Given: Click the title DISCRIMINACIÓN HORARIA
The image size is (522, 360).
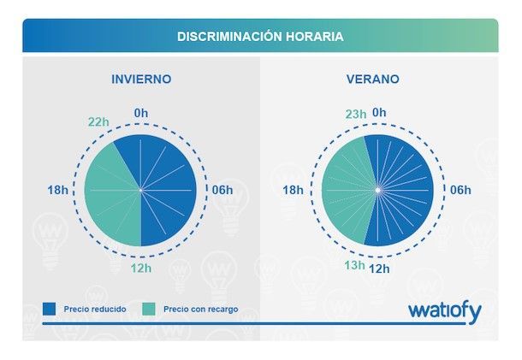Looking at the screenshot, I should pyautogui.click(x=260, y=37).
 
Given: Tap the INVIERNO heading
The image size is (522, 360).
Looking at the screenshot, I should pyautogui.click(x=141, y=79).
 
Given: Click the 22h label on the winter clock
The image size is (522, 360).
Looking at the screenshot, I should pyautogui.click(x=99, y=121).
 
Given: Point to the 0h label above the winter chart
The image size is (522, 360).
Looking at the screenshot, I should pyautogui.click(x=141, y=112).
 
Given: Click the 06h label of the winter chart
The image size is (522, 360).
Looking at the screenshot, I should pyautogui.click(x=222, y=190).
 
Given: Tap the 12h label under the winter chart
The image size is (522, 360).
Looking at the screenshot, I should pyautogui.click(x=141, y=269).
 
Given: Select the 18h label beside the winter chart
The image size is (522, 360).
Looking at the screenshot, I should pyautogui.click(x=58, y=190).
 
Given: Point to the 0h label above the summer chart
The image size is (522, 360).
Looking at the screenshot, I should pyautogui.click(x=380, y=112).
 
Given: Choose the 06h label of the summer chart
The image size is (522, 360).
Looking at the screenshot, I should pyautogui.click(x=460, y=190).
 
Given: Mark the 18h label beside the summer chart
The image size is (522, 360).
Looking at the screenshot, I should pyautogui.click(x=294, y=190).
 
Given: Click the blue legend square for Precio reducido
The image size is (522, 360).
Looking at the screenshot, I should pyautogui.click(x=49, y=309).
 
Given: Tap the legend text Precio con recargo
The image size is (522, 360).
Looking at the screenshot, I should pyautogui.click(x=200, y=309).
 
